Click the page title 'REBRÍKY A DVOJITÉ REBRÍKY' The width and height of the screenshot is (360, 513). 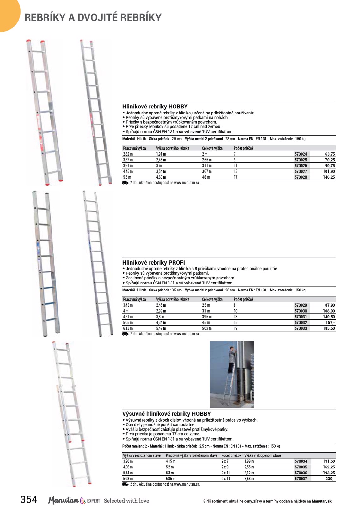tap(93, 17)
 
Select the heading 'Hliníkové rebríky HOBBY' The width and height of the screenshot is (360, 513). tap(155, 107)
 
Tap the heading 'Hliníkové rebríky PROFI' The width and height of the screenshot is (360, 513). tap(154, 262)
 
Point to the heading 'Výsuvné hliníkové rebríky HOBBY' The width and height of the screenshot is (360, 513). tap(166, 414)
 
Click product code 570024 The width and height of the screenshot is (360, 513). tap(301, 154)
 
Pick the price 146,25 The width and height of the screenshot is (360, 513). tap(329, 177)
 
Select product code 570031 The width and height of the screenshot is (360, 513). tap(301, 317)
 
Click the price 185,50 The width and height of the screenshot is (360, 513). tap(329, 328)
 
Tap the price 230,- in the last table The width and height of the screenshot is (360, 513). tap(330, 479)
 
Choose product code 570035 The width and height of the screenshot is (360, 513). tap(301, 467)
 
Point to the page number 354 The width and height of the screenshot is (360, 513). tap(29, 499)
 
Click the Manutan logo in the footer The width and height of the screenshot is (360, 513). tap(63, 500)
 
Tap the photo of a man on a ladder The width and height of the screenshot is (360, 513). tap(232, 374)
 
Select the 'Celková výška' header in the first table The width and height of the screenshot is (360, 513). tap(212, 148)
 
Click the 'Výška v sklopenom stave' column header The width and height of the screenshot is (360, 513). tap(262, 455)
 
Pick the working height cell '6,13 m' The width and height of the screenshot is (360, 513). tap(128, 328)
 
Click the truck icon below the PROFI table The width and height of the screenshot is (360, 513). tap(125, 334)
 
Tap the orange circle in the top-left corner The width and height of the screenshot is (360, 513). tap(8, 14)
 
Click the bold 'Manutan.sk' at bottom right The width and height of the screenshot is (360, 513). tap(321, 501)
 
